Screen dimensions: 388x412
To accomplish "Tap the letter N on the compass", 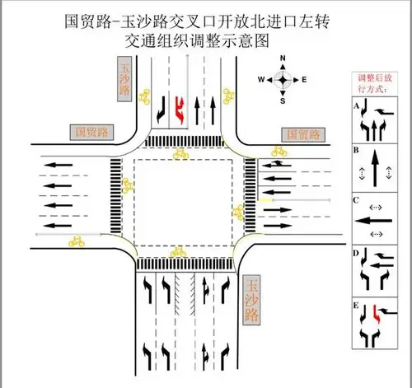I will tap(283, 58).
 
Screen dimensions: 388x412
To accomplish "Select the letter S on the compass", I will tap(283, 101).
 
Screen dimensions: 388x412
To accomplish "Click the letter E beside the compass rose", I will tap(304, 79).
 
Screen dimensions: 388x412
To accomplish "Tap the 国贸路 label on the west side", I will tap(92, 131).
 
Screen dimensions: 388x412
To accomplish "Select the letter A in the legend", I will tap(356, 107).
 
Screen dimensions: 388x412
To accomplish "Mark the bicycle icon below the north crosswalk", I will tap(179, 153).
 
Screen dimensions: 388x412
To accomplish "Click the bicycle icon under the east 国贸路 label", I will tap(278, 151).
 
